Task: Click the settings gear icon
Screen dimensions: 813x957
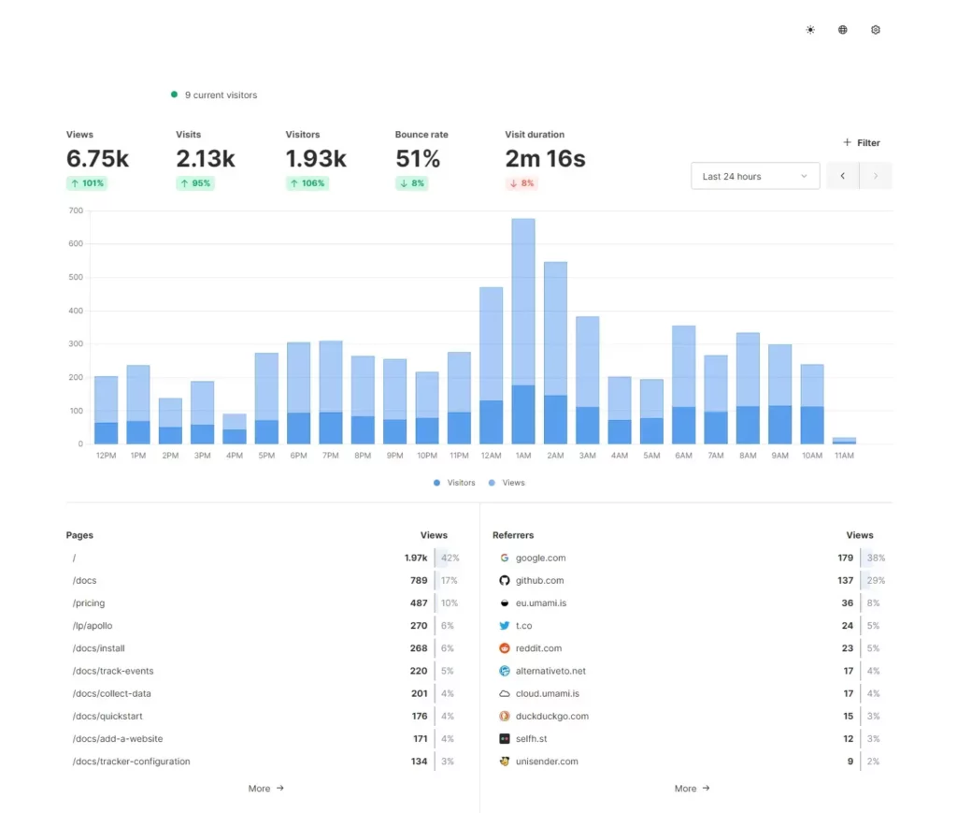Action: coord(876,30)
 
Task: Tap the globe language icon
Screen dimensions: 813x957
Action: coord(843,30)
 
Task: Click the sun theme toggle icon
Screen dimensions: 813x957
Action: coord(810,30)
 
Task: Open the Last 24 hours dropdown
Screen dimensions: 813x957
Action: coord(755,176)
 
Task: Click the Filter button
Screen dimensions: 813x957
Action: coord(862,143)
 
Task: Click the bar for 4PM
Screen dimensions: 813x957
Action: coord(235,428)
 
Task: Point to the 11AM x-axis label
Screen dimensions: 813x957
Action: coord(844,456)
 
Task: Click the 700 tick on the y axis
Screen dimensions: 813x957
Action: coord(76,211)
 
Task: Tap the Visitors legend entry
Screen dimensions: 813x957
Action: coord(454,483)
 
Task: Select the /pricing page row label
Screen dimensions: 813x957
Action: coord(89,603)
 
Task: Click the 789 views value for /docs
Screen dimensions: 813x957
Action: coord(419,581)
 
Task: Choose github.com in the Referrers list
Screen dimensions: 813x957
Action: coord(539,581)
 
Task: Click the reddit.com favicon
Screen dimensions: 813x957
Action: coord(505,648)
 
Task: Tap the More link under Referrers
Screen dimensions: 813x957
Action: coord(692,789)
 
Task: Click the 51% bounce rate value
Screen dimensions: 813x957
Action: coord(418,159)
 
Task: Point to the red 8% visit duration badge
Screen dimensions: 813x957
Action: coord(521,183)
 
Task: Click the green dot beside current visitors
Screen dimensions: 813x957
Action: coord(174,94)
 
